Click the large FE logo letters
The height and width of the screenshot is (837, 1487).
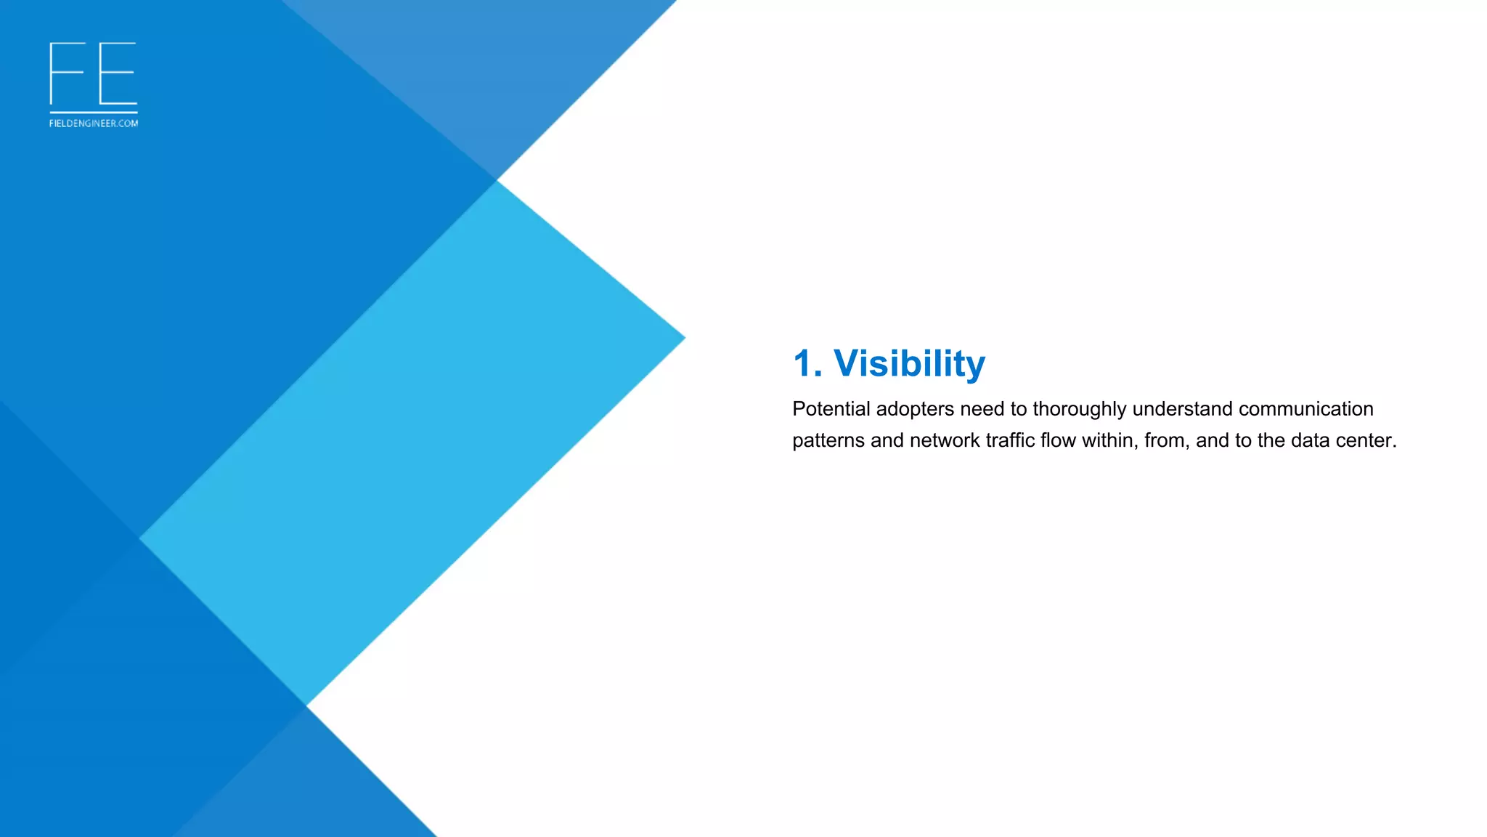point(93,73)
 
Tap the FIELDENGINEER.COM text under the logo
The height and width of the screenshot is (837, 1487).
point(94,124)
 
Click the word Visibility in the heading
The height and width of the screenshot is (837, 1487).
point(909,363)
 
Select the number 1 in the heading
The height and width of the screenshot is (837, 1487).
point(803,363)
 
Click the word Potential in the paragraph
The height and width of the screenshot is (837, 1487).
point(831,409)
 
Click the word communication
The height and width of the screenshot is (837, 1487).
point(1305,409)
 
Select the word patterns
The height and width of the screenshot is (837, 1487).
point(828,441)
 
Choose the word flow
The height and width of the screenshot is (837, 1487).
point(1058,440)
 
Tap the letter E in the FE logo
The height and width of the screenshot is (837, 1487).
point(118,73)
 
